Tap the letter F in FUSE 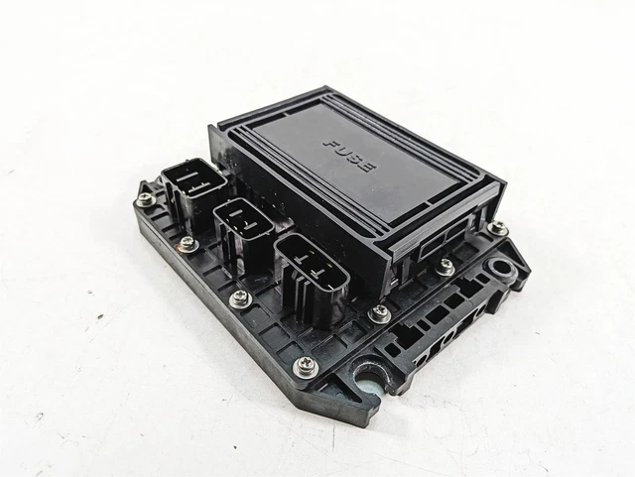tap(331, 145)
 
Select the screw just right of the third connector tap(378, 312)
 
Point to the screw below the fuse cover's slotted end tap(446, 266)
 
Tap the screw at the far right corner tap(501, 228)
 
